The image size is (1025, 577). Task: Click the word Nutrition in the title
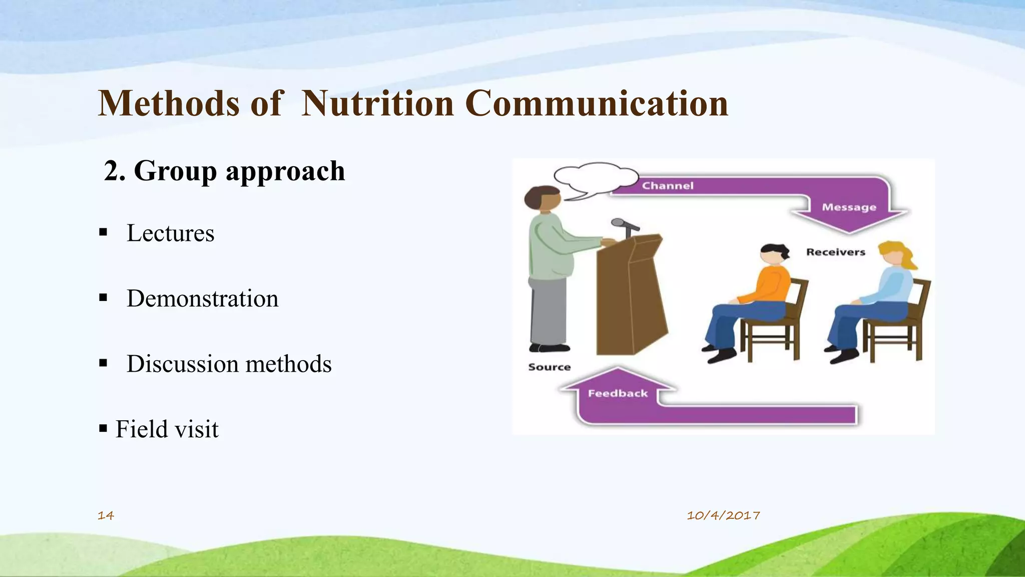point(378,104)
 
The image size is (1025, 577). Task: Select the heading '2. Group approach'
point(225,171)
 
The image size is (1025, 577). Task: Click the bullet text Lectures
point(170,233)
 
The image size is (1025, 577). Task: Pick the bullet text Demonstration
point(202,299)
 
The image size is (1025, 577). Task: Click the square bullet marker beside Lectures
point(103,232)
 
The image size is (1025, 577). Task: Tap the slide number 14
point(106,515)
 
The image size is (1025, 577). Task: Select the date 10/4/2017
point(723,515)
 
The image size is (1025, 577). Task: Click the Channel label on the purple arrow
point(668,186)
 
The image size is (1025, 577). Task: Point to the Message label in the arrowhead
point(849,207)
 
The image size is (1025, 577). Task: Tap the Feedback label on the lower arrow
point(618,394)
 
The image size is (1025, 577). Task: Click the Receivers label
point(835,252)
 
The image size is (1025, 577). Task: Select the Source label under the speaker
point(549,367)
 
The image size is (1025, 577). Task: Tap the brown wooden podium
point(631,301)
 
